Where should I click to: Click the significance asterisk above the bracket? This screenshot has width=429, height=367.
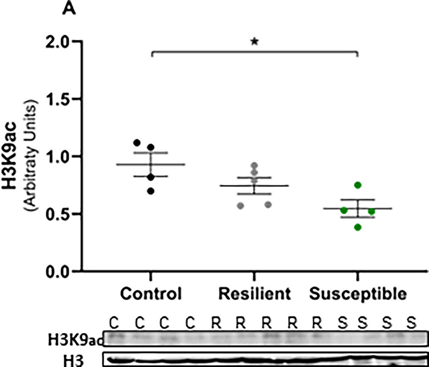point(254,42)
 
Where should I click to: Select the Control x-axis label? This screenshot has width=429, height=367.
point(150,294)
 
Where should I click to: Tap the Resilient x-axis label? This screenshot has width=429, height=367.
point(254,294)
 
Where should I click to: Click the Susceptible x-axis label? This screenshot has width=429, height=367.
point(358,294)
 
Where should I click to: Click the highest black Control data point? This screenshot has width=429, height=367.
point(137,142)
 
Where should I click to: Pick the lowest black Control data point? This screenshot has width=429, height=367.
point(150,191)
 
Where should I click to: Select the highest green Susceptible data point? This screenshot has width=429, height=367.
point(358,185)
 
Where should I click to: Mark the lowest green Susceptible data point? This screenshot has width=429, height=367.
point(358,227)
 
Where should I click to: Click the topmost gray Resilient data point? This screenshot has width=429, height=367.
point(254,165)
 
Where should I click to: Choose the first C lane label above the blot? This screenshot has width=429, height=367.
point(114,323)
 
